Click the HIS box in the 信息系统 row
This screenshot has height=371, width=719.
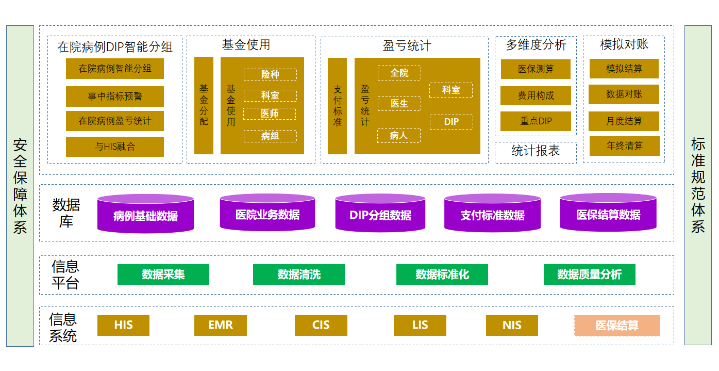pyautogui.click(x=123, y=325)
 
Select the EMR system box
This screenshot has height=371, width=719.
pyautogui.click(x=220, y=325)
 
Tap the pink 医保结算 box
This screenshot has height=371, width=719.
pyautogui.click(x=617, y=326)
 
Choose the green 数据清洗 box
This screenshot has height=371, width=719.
pyautogui.click(x=298, y=275)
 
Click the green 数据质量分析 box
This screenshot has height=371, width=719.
pyautogui.click(x=589, y=275)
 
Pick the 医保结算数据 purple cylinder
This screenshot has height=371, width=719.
pyautogui.click(x=608, y=214)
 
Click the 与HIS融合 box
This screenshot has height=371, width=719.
pyautogui.click(x=114, y=147)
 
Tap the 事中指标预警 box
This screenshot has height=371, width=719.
pyautogui.click(x=114, y=96)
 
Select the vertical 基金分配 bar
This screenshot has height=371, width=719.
pyautogui.click(x=204, y=105)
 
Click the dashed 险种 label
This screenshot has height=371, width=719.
pyautogui.click(x=270, y=74)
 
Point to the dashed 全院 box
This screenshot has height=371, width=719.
pyautogui.click(x=399, y=73)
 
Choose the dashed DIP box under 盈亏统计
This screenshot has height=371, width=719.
pyautogui.click(x=451, y=122)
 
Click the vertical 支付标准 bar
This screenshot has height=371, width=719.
pyautogui.click(x=337, y=106)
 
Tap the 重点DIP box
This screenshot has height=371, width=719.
pyautogui.click(x=536, y=121)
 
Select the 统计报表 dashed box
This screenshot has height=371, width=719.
pyautogui.click(x=536, y=151)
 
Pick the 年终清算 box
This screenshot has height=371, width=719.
pyautogui.click(x=624, y=146)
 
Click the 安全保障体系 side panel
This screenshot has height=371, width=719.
pyautogui.click(x=20, y=186)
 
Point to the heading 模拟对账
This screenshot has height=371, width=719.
pyautogui.click(x=624, y=45)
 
